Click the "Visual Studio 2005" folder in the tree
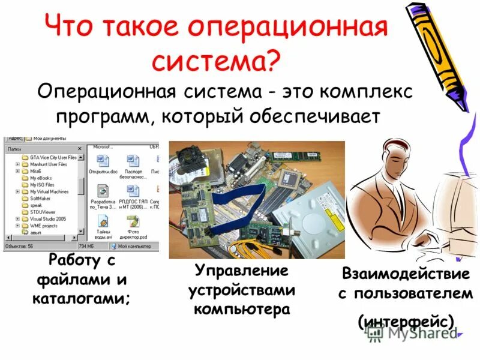click(x=48, y=219)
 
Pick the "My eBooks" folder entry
click(x=41, y=178)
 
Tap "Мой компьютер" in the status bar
click(x=134, y=246)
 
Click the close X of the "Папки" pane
click(x=80, y=148)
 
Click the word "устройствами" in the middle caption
click(x=241, y=290)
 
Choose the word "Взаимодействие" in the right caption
click(x=406, y=274)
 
